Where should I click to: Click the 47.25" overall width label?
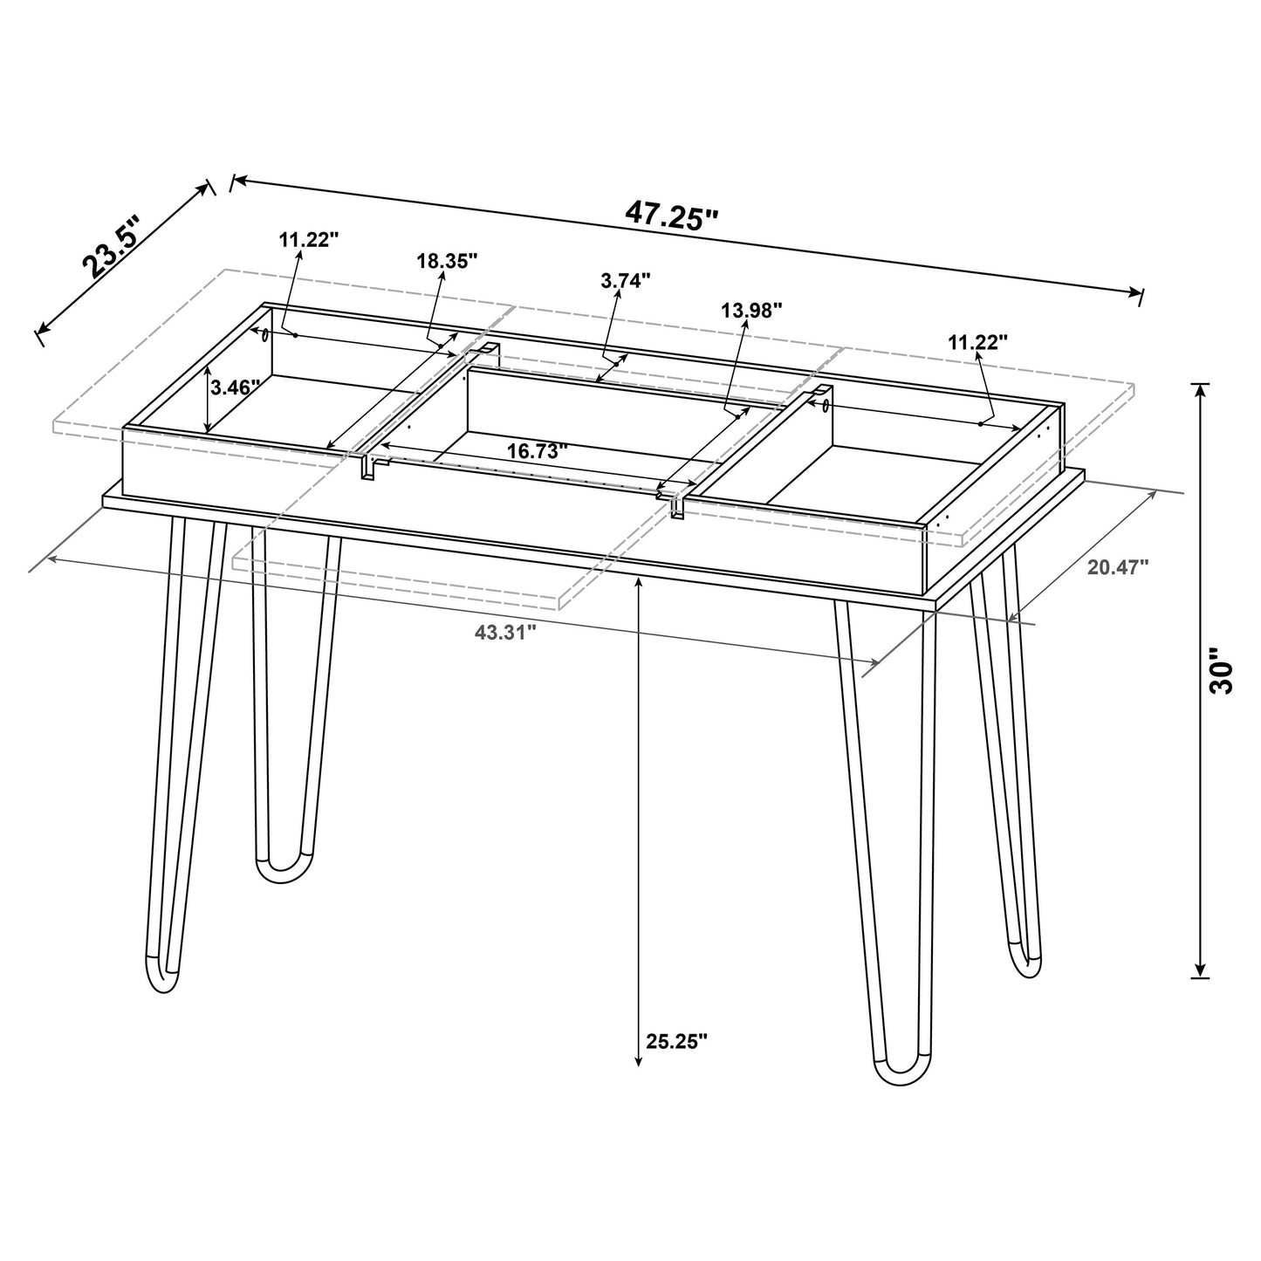671,215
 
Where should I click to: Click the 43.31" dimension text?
504,634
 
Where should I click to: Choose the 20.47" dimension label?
1118,566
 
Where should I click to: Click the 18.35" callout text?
447,260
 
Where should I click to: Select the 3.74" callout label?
626,281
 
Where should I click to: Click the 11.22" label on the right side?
978,342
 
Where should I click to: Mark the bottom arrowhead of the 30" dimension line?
1201,970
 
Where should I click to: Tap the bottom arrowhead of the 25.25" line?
639,1059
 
